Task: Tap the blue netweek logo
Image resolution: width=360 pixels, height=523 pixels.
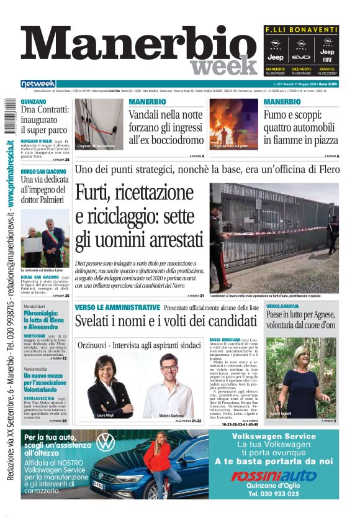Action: click(x=38, y=84)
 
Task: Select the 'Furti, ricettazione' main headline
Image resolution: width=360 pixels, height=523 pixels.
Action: click(x=140, y=217)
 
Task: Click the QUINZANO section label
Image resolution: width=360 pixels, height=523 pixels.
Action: click(x=34, y=101)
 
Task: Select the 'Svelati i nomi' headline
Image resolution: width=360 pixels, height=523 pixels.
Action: click(x=166, y=321)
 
